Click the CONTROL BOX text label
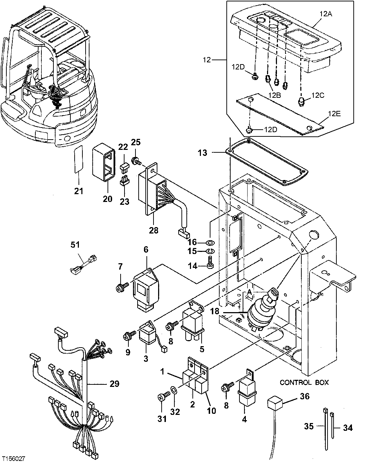click(304, 383)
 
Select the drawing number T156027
click(13, 458)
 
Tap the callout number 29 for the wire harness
click(114, 384)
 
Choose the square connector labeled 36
click(274, 403)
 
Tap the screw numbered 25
click(136, 162)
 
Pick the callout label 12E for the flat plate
click(334, 113)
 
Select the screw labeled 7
click(120, 288)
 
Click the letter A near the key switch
click(249, 292)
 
